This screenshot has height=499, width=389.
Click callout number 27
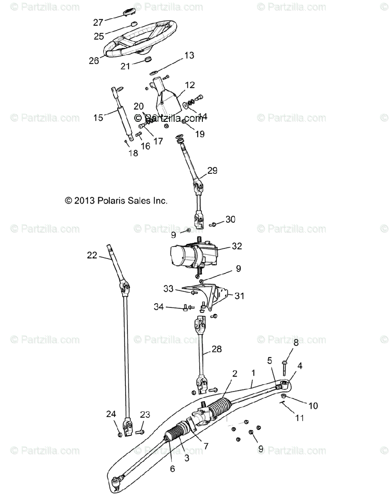point(98,22)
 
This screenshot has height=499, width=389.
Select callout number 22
point(92,255)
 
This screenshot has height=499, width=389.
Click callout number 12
point(190,85)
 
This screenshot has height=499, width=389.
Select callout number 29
point(212,170)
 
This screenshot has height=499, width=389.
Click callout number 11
point(299,417)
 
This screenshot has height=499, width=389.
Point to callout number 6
point(172,469)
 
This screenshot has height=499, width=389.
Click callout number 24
point(110,414)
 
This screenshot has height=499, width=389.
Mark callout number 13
point(189,55)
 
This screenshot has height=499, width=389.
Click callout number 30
point(230,219)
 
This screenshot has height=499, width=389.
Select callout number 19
point(200,134)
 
